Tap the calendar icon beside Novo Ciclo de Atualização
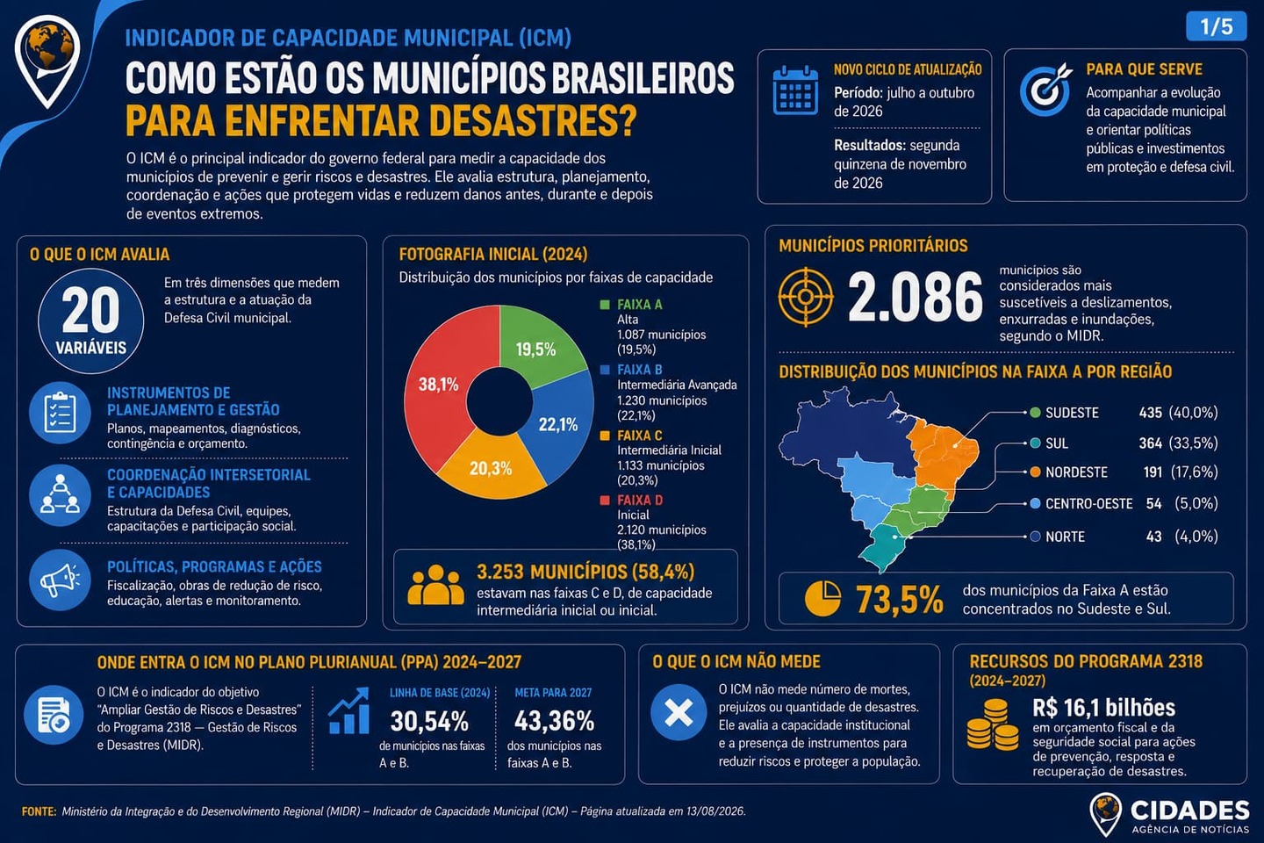point(795,90)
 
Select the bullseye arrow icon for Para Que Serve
point(1045,90)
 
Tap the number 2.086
point(915,298)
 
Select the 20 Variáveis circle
point(91,321)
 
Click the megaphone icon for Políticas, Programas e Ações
point(60,580)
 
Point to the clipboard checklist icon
point(60,413)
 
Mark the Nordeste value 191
point(1153,472)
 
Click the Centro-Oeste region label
point(1088,504)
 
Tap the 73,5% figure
point(899,600)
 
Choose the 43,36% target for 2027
point(554,721)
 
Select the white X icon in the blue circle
point(679,712)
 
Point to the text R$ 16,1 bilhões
point(1103,708)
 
